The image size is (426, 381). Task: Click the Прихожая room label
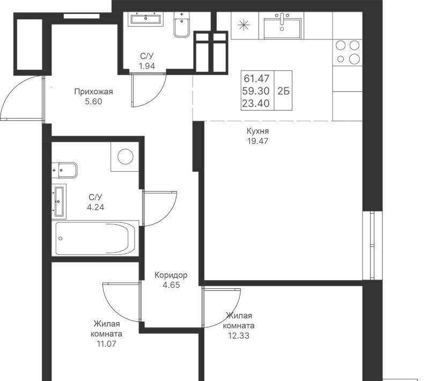point(93,92)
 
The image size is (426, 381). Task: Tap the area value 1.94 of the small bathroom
point(146,66)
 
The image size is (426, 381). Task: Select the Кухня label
point(258,131)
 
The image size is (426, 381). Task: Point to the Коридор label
point(171,275)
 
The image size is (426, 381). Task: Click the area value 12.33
point(239,336)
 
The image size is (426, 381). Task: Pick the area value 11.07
point(106,344)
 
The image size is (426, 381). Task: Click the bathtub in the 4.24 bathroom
point(96,238)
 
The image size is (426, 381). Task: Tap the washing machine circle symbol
point(125,157)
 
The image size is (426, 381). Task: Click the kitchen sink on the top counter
point(282,26)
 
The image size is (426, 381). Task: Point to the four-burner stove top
point(348,52)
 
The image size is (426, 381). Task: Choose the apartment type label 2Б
point(283,91)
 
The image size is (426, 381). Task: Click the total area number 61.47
point(256,78)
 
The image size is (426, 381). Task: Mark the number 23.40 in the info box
point(256,103)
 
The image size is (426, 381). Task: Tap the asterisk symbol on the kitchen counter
point(244,25)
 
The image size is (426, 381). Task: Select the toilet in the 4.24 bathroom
point(64,170)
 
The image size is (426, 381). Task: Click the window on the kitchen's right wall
point(372,245)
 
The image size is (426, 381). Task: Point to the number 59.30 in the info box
point(256,91)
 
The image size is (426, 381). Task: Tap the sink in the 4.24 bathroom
point(59,201)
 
